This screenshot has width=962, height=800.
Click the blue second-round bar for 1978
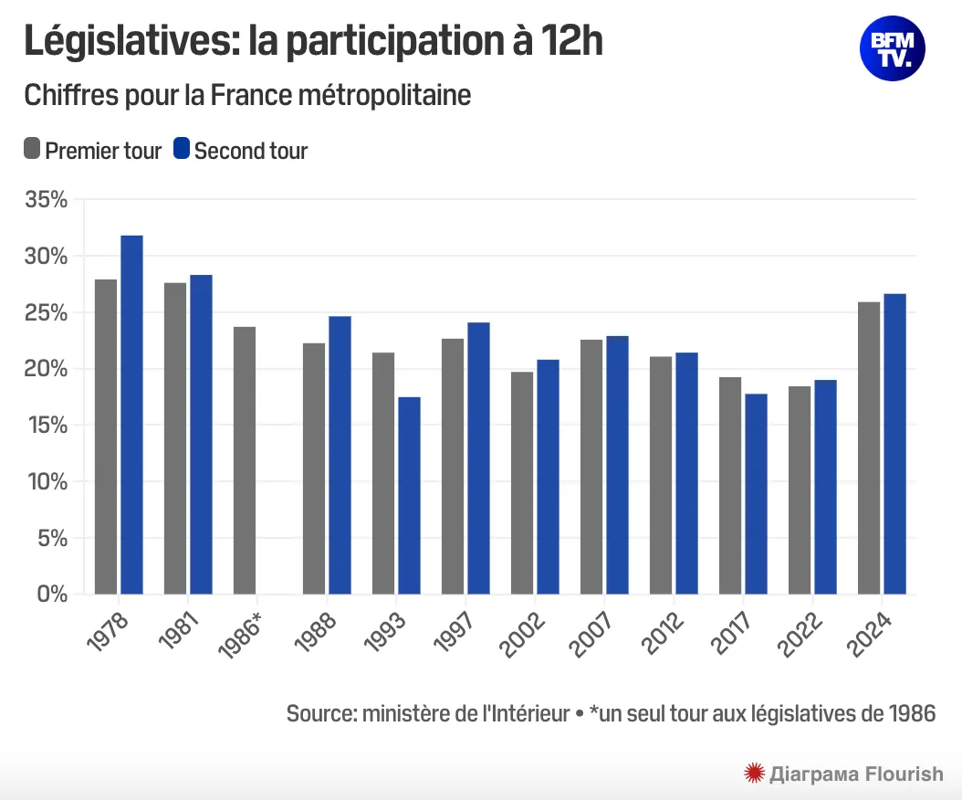(x=132, y=415)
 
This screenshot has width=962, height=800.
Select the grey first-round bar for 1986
(x=245, y=460)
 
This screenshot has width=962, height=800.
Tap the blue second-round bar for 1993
(x=409, y=495)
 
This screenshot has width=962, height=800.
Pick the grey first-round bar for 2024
(x=869, y=447)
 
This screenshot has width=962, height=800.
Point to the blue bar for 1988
(x=340, y=455)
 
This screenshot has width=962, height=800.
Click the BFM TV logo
(x=892, y=47)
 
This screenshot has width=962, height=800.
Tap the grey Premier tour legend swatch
(x=32, y=149)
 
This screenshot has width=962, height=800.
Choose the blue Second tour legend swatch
(x=181, y=149)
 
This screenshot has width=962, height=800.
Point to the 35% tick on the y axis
(x=45, y=200)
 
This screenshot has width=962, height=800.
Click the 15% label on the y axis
(x=45, y=426)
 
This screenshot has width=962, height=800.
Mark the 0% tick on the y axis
(x=51, y=595)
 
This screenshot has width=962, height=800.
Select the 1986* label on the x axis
(x=241, y=636)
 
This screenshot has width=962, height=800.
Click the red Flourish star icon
(x=754, y=774)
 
